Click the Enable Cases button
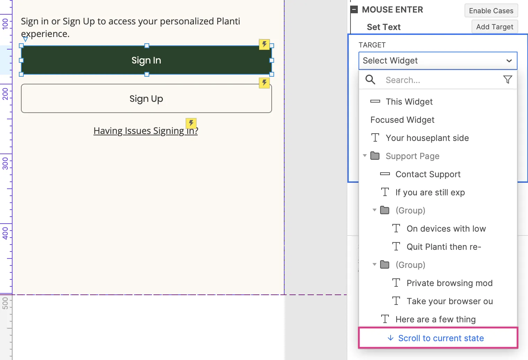point(491,10)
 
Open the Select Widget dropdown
point(438,61)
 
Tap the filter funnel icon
point(507,80)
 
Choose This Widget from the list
point(409,102)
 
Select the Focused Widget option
point(402,120)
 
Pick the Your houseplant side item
point(427,138)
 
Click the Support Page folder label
point(412,156)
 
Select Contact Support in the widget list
point(428,174)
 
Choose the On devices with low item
point(446,229)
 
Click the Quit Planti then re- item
point(444,247)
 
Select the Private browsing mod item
point(450,283)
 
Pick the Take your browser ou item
point(450,301)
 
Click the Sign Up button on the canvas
point(146,98)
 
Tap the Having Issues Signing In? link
point(146,131)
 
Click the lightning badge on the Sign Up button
point(264,83)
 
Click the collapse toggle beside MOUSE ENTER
point(354,10)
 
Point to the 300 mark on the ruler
point(5,163)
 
